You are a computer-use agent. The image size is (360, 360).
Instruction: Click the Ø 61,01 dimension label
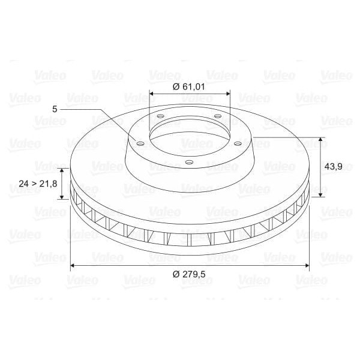tap(190, 86)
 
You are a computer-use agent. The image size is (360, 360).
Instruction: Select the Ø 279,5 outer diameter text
tap(190, 274)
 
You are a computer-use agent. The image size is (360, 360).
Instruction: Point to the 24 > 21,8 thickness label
tap(37, 183)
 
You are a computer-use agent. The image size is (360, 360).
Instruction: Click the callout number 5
tap(55, 109)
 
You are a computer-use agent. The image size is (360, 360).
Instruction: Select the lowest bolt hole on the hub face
tap(188, 161)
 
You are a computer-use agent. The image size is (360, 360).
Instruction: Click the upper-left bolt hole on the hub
tap(161, 117)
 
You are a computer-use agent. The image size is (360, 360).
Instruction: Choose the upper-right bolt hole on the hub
tap(217, 116)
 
